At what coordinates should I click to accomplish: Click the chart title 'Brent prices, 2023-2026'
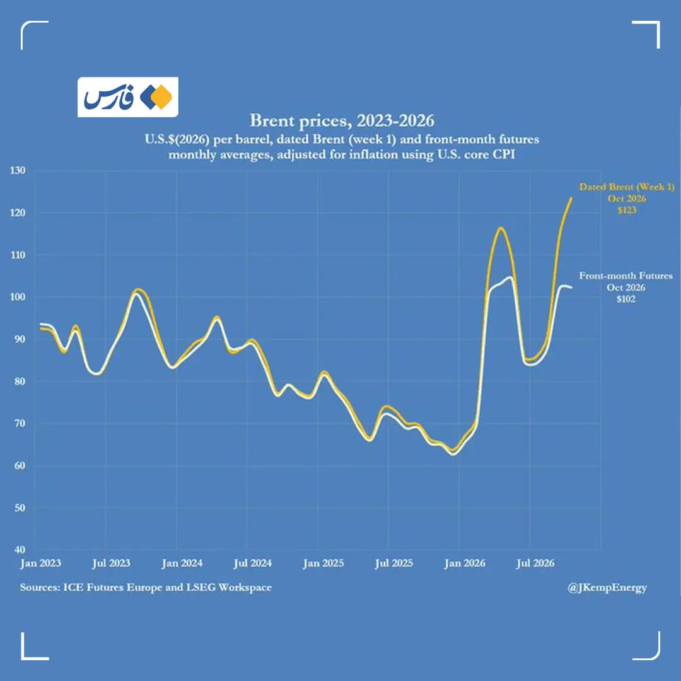point(342,120)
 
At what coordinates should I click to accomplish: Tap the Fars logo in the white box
point(127,97)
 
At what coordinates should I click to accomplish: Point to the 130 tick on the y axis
point(18,170)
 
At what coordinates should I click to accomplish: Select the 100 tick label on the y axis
point(18,297)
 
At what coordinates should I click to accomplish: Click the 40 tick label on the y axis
point(20,549)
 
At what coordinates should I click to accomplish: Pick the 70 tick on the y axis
point(20,423)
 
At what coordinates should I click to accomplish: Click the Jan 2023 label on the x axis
point(40,563)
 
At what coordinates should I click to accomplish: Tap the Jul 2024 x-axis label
point(252,563)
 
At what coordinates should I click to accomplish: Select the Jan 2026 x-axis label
point(464,563)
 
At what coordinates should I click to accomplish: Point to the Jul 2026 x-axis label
point(535,563)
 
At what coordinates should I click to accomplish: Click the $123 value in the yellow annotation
point(627,210)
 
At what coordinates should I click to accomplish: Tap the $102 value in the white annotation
point(626,299)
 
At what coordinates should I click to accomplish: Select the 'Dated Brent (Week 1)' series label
point(627,187)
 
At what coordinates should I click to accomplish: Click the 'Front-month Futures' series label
point(626,276)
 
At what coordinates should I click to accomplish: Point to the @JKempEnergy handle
point(607,588)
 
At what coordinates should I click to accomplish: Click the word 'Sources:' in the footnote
point(40,587)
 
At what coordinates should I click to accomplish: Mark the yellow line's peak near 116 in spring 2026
point(501,228)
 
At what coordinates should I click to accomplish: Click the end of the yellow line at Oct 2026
point(571,198)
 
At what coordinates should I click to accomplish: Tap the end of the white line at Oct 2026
point(571,288)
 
